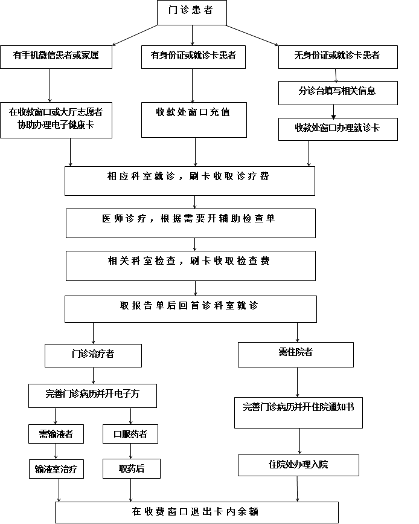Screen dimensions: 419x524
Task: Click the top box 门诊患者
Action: point(192,12)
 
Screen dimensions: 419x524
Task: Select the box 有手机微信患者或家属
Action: point(56,57)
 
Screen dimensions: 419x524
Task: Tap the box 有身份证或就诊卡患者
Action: point(194,57)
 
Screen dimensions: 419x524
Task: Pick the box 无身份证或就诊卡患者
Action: point(338,57)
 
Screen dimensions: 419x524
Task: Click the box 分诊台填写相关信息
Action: point(338,93)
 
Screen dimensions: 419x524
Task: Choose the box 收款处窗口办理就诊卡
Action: point(338,129)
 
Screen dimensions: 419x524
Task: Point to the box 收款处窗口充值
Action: point(194,120)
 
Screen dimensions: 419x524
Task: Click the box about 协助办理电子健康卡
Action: point(56,120)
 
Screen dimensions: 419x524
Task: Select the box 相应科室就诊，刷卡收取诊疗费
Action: point(190,181)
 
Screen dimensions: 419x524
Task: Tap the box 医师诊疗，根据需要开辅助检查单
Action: point(191,223)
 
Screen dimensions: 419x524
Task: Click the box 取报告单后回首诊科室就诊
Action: point(191,309)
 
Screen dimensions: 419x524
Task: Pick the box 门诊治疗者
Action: point(93,355)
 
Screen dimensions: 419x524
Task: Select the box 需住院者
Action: point(296,355)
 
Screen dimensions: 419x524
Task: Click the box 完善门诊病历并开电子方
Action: point(92,396)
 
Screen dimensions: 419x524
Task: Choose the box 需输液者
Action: point(56,434)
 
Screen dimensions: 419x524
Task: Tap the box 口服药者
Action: point(130,434)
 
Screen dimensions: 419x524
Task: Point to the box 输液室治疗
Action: point(56,469)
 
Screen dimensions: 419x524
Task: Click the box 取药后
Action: point(132,468)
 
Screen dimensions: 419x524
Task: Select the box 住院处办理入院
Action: point(298,465)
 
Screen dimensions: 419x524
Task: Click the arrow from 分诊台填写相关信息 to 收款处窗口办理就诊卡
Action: point(333,112)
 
